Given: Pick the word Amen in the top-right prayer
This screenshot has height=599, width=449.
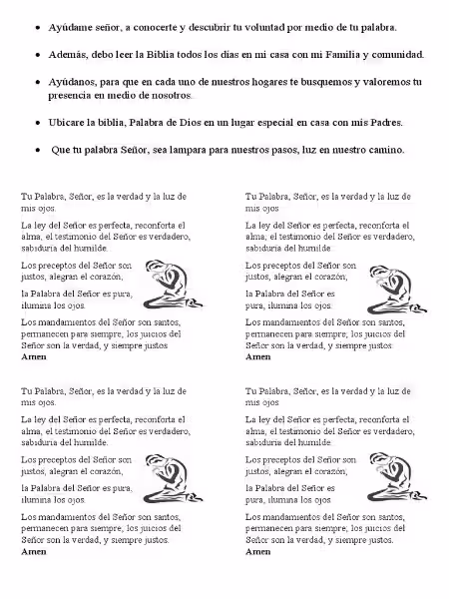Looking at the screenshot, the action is point(257,355).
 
